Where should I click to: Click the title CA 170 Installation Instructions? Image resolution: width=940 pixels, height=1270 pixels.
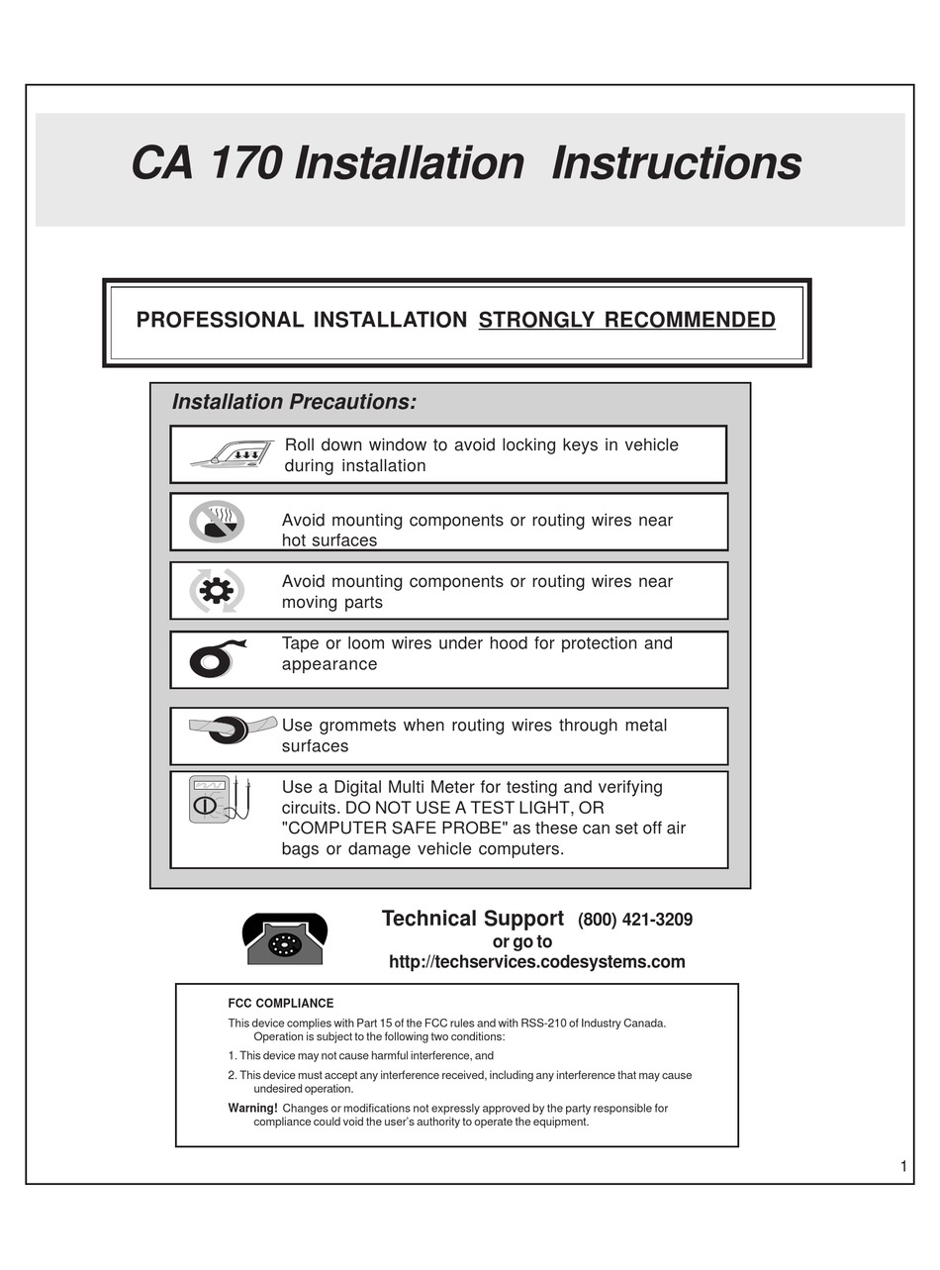[466, 163]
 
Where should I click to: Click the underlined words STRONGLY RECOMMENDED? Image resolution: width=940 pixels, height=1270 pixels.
[626, 320]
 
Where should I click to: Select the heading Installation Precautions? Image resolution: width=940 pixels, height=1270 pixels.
[294, 402]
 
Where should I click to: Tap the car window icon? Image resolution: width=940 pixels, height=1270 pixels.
[234, 454]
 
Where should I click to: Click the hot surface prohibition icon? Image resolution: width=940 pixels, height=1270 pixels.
[217, 522]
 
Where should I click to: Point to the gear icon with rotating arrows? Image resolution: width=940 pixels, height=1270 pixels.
[217, 591]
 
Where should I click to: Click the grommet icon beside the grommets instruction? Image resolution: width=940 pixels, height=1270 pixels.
[231, 730]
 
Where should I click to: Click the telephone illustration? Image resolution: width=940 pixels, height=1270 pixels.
[285, 938]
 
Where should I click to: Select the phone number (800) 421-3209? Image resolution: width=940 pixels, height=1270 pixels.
[635, 920]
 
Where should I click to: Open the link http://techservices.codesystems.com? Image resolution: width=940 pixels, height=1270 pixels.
[536, 962]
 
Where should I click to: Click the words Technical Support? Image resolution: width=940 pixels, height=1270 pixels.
[472, 919]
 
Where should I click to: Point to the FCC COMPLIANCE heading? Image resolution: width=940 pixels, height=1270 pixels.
[280, 1003]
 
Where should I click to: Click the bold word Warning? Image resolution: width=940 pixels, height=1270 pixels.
[252, 1109]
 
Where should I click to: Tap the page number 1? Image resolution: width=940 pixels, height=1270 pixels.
[902, 1166]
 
